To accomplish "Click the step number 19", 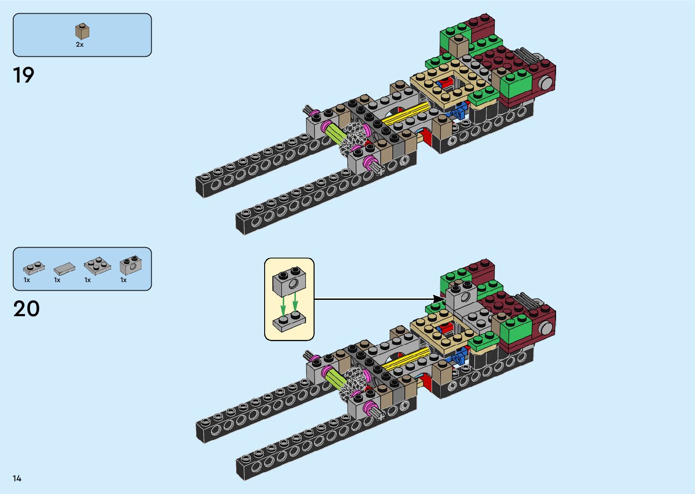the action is (x=24, y=75).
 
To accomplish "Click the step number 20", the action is (x=26, y=309).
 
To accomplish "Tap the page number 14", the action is (x=17, y=478).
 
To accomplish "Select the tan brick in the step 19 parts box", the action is (x=82, y=32).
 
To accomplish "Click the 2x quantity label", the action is (x=79, y=44).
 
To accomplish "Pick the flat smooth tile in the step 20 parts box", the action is (x=64, y=268).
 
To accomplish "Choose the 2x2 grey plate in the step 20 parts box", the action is (x=97, y=266).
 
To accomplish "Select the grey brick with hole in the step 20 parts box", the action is (x=131, y=265).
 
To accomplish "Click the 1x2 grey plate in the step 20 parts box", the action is (x=34, y=268).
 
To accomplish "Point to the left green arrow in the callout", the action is (x=283, y=305).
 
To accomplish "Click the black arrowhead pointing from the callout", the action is (x=439, y=299).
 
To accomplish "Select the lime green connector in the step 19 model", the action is (x=334, y=134).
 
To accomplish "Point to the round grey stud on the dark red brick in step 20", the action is (x=546, y=327).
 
